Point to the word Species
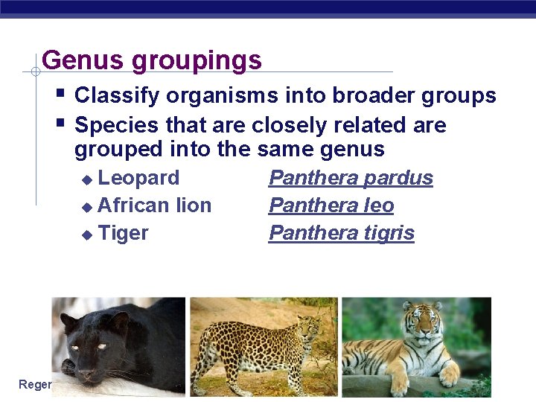click(118, 125)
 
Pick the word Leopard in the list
click(138, 178)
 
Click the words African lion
click(154, 205)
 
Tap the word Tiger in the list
click(123, 233)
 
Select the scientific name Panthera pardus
click(351, 178)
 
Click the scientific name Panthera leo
click(331, 205)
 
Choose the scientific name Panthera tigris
click(342, 233)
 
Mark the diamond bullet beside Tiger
click(87, 234)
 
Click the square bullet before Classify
click(60, 94)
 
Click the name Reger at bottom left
click(35, 384)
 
